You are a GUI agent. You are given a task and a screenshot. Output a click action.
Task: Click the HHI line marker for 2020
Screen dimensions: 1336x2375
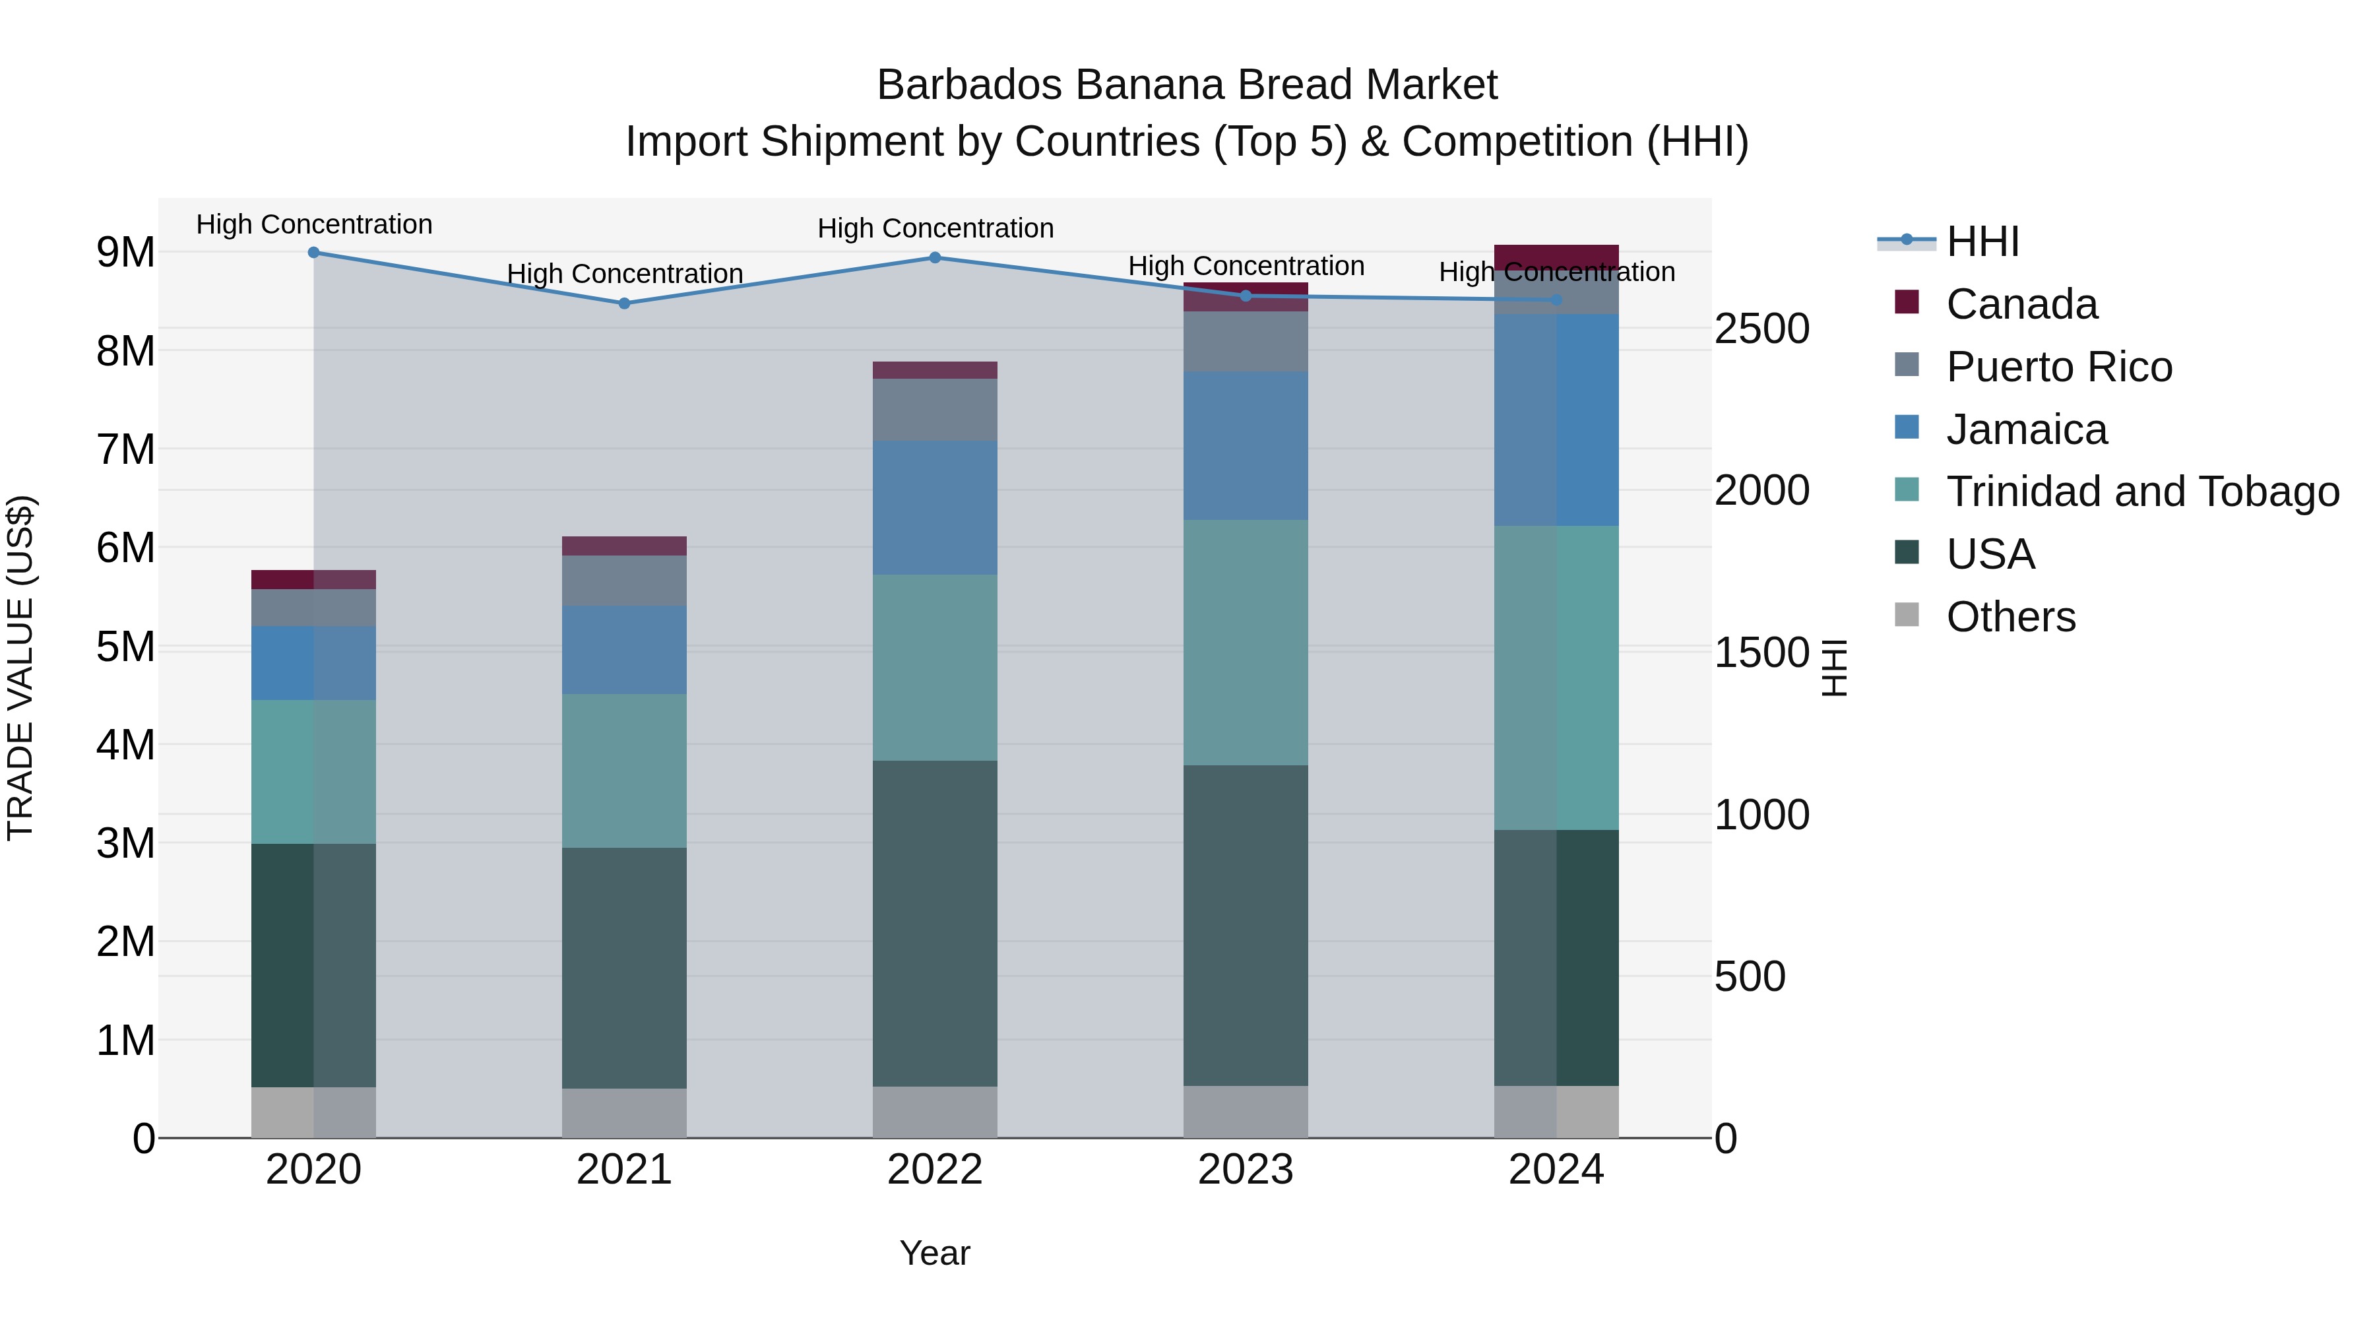313,253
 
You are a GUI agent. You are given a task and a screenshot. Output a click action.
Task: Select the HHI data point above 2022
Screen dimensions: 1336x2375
935,258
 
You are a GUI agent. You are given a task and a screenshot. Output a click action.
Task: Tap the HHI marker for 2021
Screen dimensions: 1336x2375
624,303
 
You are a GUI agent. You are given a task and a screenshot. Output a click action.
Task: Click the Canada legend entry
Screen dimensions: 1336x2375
2021,304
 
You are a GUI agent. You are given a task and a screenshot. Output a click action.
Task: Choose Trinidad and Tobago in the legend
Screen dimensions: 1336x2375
2141,492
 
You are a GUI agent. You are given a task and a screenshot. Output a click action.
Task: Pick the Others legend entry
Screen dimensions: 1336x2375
2010,617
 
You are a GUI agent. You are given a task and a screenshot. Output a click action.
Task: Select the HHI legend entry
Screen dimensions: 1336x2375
1982,241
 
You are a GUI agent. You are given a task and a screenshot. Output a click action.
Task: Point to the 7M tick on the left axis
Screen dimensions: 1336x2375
125,450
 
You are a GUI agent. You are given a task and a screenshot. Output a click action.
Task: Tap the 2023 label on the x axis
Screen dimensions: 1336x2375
1246,1170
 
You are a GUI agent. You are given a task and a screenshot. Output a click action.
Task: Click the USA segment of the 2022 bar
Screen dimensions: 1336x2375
935,922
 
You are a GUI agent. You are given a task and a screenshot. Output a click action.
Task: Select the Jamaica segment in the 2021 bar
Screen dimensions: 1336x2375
624,650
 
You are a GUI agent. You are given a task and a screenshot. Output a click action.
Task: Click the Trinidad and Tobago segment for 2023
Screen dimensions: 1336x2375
1246,643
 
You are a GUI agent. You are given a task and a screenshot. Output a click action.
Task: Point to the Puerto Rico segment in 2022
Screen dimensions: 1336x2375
935,409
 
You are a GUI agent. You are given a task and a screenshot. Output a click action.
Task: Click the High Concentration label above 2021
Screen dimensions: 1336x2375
624,274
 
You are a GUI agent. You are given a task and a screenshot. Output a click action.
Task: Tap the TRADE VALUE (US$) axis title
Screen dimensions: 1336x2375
20,668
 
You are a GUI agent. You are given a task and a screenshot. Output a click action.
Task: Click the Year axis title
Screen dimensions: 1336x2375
934,1253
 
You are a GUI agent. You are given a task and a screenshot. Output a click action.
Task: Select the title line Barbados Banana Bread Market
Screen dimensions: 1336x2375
1187,85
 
